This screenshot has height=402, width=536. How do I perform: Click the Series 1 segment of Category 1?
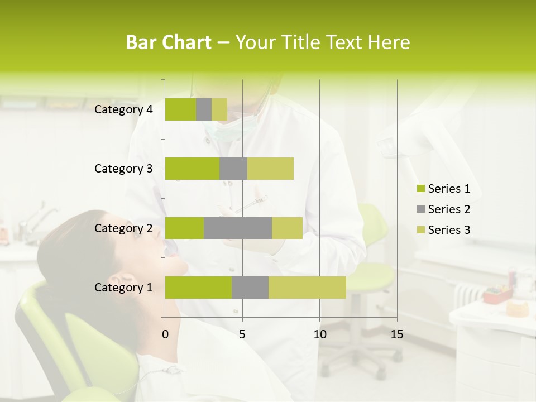(198, 288)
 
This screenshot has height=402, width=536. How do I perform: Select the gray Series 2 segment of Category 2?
(238, 228)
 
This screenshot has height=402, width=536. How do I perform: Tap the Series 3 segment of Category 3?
(270, 169)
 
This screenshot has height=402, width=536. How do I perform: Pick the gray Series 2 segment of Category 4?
(204, 109)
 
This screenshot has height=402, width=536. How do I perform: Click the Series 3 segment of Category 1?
(307, 288)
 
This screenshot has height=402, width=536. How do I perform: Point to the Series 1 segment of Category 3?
(192, 169)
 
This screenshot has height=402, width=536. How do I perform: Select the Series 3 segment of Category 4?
(219, 109)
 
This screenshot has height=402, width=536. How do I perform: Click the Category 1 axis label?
(123, 288)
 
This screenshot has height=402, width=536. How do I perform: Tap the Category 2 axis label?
(123, 228)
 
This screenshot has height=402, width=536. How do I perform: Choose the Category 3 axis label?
(123, 169)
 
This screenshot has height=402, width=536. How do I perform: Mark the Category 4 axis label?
(123, 109)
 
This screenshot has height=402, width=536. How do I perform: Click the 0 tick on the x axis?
(165, 334)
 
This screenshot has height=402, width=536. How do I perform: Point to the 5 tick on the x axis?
(242, 334)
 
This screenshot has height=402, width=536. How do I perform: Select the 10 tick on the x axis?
(319, 334)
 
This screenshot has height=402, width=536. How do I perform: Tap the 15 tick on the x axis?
(397, 334)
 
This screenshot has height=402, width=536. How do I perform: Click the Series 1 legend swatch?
(420, 189)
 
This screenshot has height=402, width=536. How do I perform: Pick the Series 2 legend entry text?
(449, 209)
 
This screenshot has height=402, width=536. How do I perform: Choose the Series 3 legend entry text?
(449, 230)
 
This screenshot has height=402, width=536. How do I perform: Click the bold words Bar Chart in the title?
(169, 42)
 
